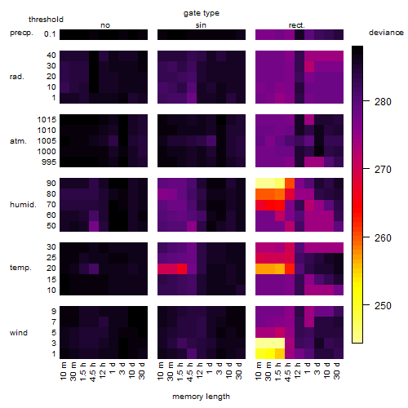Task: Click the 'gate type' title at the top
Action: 202,13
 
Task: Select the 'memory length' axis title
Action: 201,397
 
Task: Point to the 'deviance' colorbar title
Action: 386,33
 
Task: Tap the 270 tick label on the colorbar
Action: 383,170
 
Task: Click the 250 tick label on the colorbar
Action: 383,306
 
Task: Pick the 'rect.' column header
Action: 296,25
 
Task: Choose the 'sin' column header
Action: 201,25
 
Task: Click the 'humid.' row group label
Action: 23,205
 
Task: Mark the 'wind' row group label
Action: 19,333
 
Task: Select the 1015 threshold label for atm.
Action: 47,120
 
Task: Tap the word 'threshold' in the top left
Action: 46,20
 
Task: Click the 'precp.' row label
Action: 21,33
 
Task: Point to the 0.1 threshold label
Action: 50,34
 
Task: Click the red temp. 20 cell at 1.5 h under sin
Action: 182,269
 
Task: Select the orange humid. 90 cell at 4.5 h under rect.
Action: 290,184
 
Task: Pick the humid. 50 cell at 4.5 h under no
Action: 94,226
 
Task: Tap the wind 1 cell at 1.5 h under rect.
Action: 280,353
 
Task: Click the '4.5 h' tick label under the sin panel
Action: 190,372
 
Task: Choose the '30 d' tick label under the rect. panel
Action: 337,370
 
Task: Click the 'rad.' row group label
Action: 17,77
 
